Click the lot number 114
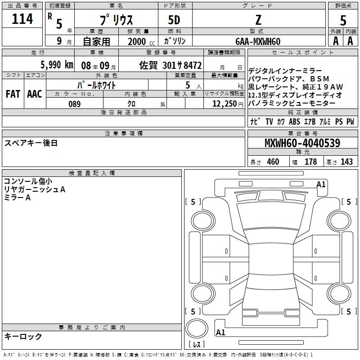22,18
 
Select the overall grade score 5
343,20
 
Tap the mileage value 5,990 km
57,64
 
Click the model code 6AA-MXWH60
258,41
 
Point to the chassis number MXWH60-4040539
302,143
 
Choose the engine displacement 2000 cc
141,41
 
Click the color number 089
74,104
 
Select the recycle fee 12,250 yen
228,103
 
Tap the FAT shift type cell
13,94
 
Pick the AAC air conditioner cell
35,94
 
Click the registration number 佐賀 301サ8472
171,65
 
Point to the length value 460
273,162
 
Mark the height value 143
346,162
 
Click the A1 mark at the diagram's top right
321,184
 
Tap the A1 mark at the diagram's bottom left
220,332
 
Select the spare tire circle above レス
197,329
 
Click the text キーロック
23,336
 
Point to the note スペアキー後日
31,143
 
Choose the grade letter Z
258,20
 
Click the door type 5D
174,20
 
